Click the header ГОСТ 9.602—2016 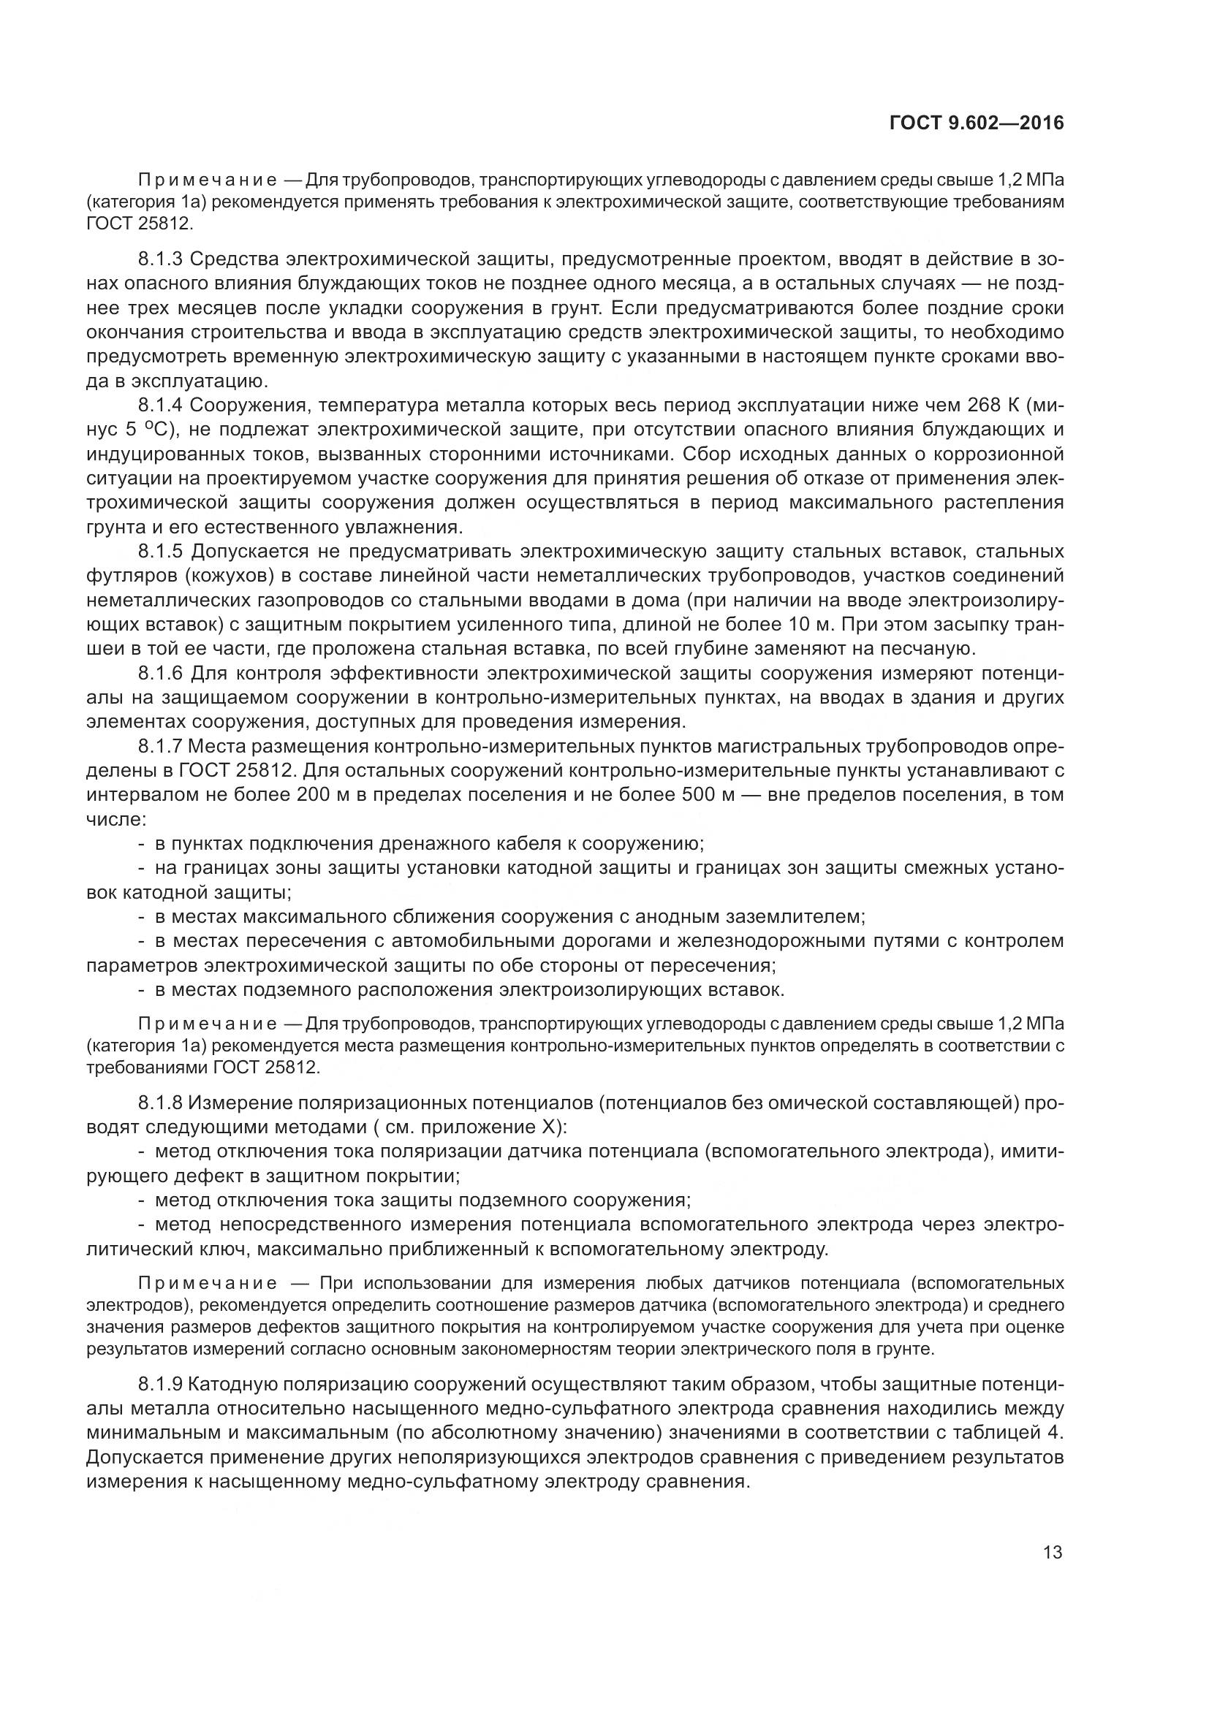tap(976, 123)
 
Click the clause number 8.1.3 tap(160, 259)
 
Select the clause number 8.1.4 tap(160, 406)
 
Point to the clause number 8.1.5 tap(160, 552)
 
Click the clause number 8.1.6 tap(160, 674)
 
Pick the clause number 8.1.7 tap(160, 747)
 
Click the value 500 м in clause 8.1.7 tap(708, 795)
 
